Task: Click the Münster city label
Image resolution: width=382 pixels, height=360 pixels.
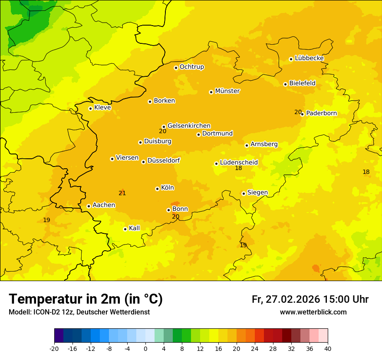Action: tap(227, 91)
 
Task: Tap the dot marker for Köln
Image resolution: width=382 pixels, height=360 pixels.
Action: tap(157, 189)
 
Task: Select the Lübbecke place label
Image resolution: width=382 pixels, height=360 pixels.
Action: tap(309, 58)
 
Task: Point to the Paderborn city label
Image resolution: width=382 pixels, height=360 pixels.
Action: tap(321, 113)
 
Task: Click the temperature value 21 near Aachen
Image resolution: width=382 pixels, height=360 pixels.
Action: tap(122, 193)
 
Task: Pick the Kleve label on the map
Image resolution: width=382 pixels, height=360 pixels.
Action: tap(102, 108)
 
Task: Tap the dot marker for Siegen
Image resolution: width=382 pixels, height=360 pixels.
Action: tap(244, 194)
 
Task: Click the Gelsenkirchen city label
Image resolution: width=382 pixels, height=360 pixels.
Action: tap(189, 126)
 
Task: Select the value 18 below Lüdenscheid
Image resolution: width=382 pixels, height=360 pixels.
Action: tap(238, 168)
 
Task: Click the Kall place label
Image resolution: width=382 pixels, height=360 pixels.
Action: tap(134, 228)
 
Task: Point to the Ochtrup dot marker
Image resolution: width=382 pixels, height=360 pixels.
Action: tap(176, 67)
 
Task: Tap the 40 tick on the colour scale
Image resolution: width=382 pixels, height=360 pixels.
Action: tap(328, 348)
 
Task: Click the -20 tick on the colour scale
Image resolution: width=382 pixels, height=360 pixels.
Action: tap(54, 348)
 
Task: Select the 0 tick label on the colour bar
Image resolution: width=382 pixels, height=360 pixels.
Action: tap(145, 348)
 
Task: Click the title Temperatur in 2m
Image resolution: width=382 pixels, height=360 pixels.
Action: tap(86, 299)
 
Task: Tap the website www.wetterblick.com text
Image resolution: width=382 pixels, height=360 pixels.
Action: tap(313, 312)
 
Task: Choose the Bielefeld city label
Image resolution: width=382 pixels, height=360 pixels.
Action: tap(302, 83)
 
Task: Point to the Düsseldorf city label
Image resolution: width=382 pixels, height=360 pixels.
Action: tap(163, 160)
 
